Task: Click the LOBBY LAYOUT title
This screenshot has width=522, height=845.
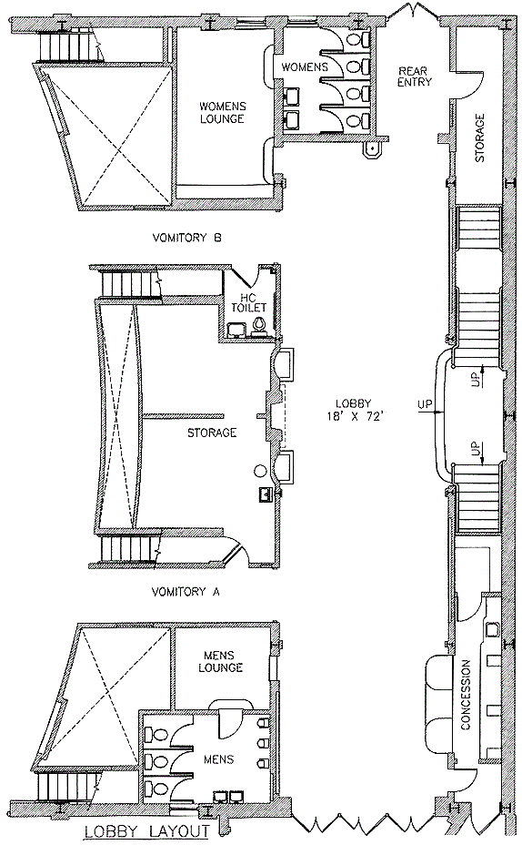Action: coord(146,831)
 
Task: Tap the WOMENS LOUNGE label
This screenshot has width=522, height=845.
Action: coord(222,112)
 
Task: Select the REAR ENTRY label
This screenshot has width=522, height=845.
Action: coord(415,76)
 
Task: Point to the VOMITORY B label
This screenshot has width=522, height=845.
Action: coord(186,237)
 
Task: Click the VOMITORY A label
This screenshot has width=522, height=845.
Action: coord(186,592)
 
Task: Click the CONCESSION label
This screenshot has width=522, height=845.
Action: coord(466,695)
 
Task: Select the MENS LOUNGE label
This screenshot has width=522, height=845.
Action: coord(220,661)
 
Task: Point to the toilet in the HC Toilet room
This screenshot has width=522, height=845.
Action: coord(259,325)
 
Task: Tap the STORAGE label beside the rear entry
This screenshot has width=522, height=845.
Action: coord(479,137)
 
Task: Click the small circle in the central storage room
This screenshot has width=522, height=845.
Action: coord(260,471)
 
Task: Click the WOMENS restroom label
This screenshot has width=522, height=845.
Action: coord(305,67)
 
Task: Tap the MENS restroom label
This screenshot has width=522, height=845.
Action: coord(219,758)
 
